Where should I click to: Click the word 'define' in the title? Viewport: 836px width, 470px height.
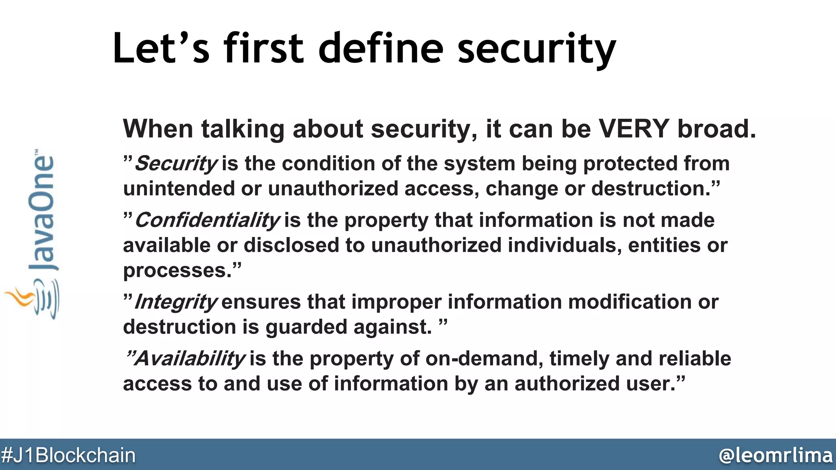point(380,49)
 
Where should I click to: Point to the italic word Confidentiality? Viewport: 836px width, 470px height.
point(207,221)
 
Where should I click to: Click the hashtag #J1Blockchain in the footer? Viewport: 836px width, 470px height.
point(68,455)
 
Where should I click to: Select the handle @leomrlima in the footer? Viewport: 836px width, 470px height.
point(775,455)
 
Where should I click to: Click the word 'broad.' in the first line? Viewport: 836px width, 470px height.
point(716,129)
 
